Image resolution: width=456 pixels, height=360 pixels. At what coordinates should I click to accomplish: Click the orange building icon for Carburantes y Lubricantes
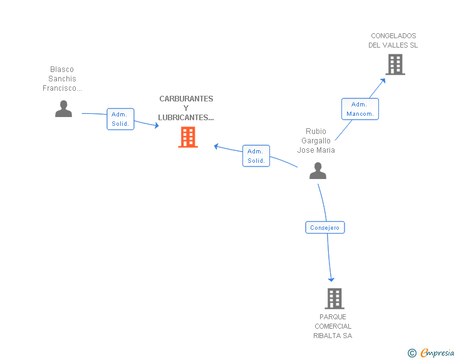coord(188,137)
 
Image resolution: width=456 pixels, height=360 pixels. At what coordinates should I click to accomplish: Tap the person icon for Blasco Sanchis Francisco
coord(63,109)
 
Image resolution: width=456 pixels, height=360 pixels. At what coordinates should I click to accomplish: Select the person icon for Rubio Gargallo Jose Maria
coord(318,171)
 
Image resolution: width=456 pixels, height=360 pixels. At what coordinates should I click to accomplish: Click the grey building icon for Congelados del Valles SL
coord(395,64)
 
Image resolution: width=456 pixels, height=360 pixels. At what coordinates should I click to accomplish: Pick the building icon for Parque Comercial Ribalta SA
coord(334,299)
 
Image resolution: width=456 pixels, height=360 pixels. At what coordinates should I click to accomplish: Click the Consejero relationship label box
coord(325,227)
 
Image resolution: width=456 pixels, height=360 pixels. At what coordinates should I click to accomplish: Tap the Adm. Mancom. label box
coord(360,109)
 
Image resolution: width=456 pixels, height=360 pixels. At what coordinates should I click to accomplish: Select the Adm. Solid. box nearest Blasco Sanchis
coord(120,119)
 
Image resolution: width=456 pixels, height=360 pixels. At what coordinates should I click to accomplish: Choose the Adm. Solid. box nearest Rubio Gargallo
coord(256,156)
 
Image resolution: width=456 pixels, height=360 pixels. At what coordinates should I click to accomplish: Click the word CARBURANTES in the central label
coord(186,99)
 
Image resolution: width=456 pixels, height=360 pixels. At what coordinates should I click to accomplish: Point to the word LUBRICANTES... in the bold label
coord(186,118)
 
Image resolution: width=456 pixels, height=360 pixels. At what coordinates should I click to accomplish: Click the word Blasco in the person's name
coord(62,69)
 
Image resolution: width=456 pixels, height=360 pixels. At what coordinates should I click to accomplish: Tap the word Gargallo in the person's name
coord(316,141)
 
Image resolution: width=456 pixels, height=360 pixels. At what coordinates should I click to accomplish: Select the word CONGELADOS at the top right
coord(393,36)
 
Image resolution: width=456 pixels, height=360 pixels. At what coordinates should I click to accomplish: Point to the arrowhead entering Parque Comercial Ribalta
coord(331,280)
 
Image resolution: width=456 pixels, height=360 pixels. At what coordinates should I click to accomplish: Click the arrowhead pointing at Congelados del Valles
coord(383,81)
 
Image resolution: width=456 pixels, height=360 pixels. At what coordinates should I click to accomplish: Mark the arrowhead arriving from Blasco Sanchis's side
coord(157,125)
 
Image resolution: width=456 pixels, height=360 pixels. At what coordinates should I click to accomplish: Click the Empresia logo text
coord(437,352)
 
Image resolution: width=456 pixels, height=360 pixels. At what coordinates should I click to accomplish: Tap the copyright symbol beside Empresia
coord(412,353)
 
